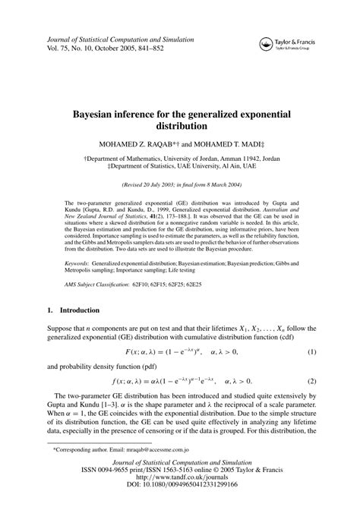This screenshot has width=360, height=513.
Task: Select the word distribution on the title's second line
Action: [x=179, y=126]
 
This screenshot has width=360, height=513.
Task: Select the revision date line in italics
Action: [x=179, y=184]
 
